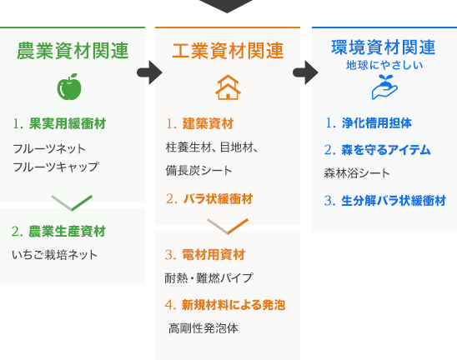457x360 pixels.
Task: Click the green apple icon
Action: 69,87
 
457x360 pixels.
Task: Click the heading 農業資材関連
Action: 73,51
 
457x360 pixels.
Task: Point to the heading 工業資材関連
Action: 228,51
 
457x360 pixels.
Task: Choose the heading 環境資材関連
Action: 384,47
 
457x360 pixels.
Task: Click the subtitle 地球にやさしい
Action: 384,65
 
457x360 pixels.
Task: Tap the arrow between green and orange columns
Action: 149,72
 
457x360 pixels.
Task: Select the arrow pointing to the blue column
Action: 305,72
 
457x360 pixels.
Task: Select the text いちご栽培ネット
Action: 54,255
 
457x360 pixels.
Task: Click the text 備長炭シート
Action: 198,170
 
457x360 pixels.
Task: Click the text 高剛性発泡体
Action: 203,328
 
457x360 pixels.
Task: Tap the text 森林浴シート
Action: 357,173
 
